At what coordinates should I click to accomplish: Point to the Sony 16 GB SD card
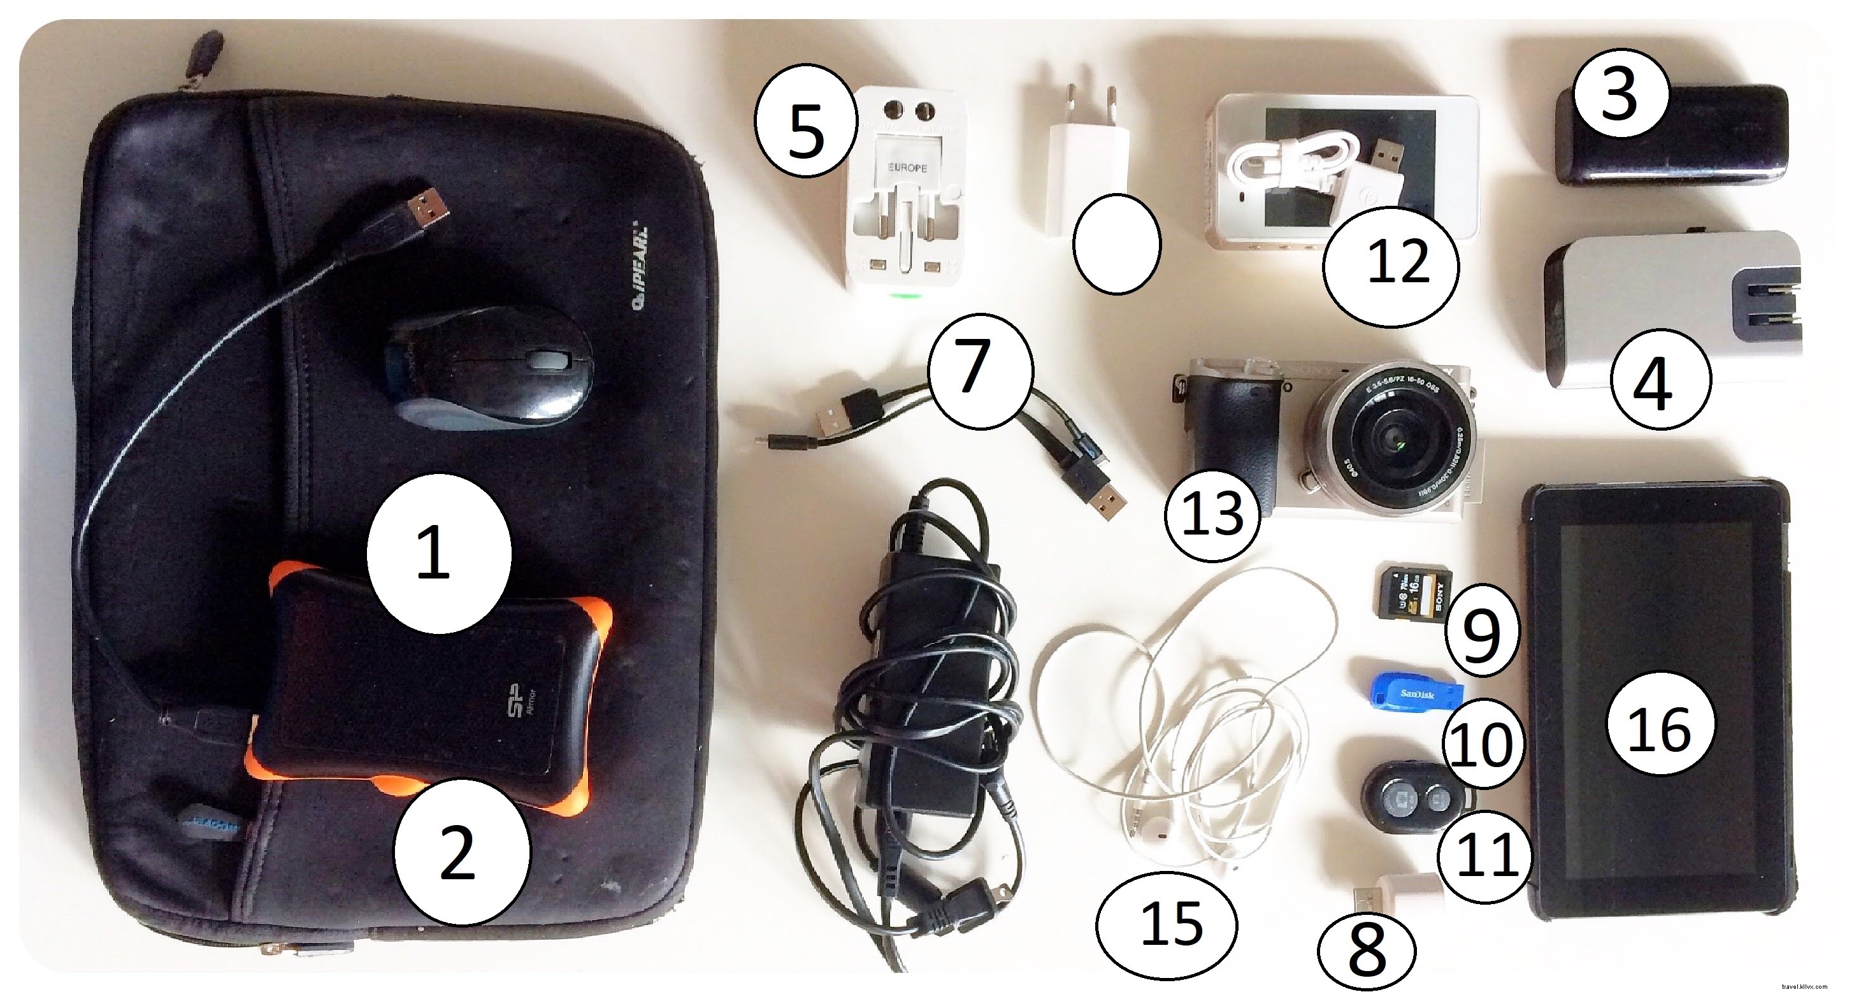1415,592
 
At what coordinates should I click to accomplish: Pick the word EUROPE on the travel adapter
907,168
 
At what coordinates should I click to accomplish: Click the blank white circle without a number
1116,244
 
